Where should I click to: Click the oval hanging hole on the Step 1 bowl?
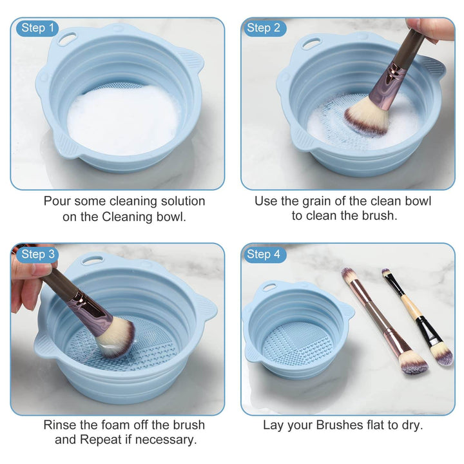[66, 39]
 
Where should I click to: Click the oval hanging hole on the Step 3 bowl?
[92, 260]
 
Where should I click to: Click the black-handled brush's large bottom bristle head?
[441, 354]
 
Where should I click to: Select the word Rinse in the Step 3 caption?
[60, 425]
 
